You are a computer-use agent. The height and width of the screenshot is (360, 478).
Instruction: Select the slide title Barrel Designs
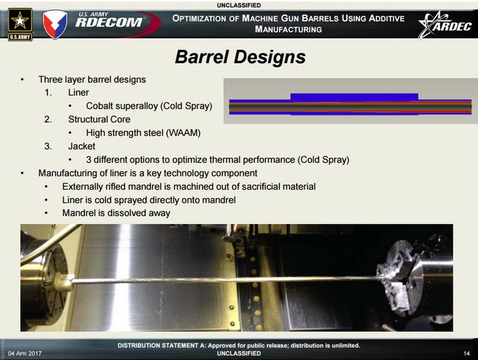tap(240, 56)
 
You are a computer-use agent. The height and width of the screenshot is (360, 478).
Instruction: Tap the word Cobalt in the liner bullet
tap(101, 106)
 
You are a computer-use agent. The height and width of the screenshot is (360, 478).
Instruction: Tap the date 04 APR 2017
tap(27, 352)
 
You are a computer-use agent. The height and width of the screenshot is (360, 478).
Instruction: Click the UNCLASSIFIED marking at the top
tap(239, 5)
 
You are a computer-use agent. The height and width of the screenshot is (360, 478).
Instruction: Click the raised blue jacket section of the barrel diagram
tap(354, 96)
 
